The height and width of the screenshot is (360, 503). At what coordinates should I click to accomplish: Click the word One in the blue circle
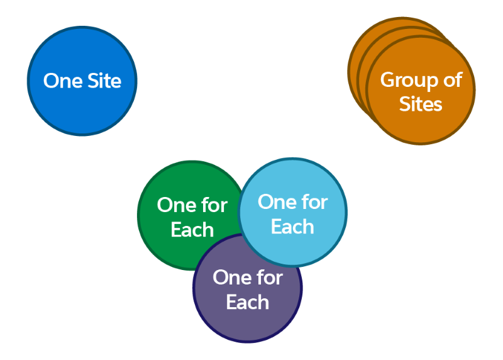click(62, 81)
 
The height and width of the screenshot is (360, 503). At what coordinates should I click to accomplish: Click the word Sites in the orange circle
click(421, 104)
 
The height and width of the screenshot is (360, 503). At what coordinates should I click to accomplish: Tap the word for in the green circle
click(214, 205)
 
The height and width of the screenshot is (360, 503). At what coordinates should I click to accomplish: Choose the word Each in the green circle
click(192, 230)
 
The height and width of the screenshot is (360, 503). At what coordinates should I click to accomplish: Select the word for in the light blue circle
click(314, 202)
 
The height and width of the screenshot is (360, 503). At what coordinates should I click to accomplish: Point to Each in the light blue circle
click(292, 227)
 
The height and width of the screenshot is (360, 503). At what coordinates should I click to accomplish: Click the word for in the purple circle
click(269, 278)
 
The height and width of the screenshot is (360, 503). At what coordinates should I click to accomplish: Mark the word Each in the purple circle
click(248, 302)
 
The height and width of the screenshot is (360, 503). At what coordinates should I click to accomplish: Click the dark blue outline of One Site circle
click(29, 81)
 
